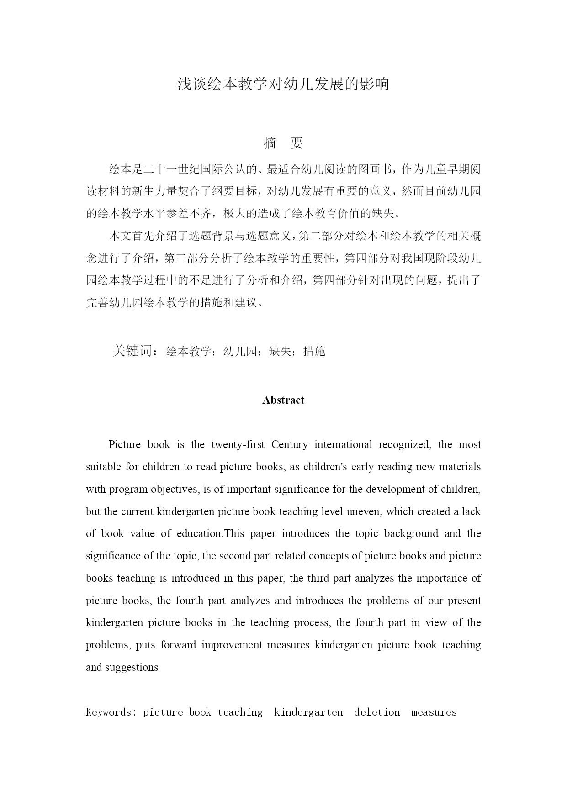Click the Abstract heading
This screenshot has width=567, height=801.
click(x=283, y=400)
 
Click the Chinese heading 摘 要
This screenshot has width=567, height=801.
click(x=283, y=143)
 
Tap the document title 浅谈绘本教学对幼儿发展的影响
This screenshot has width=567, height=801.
click(x=283, y=84)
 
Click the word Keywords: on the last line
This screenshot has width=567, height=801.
click(x=111, y=712)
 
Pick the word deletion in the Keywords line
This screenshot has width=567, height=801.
click(x=377, y=712)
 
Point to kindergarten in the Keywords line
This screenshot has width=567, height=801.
click(x=308, y=712)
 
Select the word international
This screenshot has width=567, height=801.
click(x=343, y=444)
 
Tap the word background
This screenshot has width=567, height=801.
click(x=411, y=533)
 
